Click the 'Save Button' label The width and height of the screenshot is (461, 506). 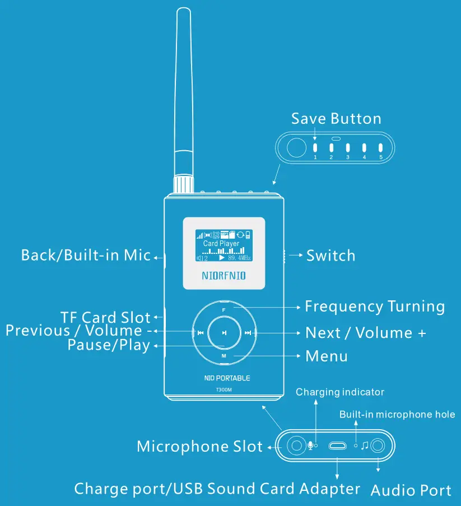click(336, 119)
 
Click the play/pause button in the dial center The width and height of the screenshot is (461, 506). click(224, 333)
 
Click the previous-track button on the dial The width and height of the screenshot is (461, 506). click(200, 333)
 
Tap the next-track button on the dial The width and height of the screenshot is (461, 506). click(248, 333)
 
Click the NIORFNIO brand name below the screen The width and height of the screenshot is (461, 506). click(223, 276)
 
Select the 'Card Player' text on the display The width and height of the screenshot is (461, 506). click(221, 244)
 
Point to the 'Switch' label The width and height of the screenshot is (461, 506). click(330, 256)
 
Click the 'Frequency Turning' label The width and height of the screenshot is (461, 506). click(375, 307)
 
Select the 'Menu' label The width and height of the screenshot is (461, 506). click(327, 356)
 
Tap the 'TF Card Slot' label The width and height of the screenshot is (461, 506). click(106, 317)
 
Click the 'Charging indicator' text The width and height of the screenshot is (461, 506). click(340, 392)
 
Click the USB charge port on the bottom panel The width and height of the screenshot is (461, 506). click(337, 446)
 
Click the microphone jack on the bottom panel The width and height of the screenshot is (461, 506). click(295, 446)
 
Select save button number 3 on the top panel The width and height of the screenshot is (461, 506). click(347, 148)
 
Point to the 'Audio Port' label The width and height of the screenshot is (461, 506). click(411, 491)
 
